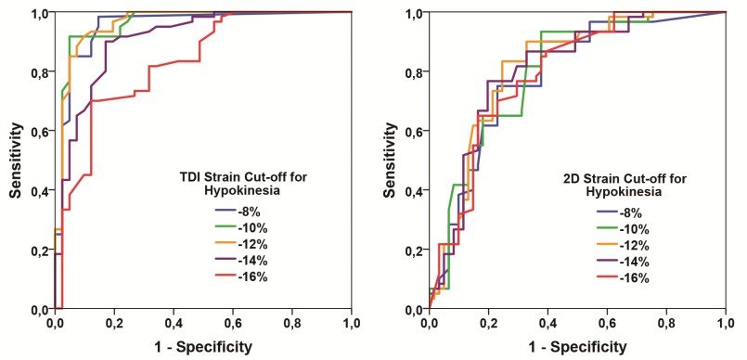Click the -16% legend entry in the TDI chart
(241, 277)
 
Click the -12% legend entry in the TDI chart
(241, 245)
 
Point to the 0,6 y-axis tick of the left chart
(42, 131)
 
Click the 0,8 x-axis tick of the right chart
(666, 325)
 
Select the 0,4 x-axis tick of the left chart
(174, 325)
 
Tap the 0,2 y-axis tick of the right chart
(416, 250)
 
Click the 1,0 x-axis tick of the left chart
(352, 325)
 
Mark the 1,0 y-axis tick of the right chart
(416, 12)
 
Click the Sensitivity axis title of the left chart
(16, 161)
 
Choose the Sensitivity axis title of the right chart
(390, 161)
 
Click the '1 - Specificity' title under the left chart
(203, 346)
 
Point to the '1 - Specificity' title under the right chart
(577, 346)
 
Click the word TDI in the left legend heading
(183, 178)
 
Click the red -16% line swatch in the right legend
(607, 277)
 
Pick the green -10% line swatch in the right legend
(607, 228)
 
